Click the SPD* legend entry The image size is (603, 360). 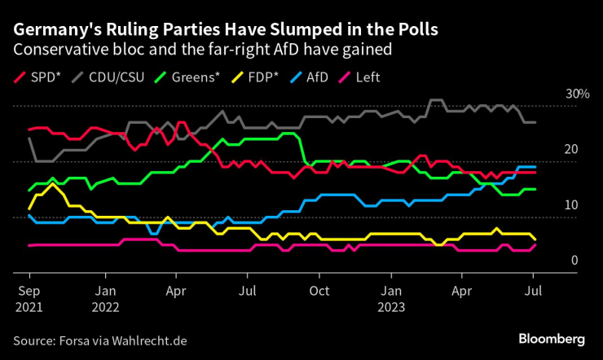point(37,78)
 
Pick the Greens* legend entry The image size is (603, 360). point(191,78)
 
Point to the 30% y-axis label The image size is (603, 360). point(577,94)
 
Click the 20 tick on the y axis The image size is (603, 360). point(570,150)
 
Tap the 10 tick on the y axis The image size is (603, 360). point(570,205)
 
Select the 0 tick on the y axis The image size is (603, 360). point(574,261)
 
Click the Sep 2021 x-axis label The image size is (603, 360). point(29,298)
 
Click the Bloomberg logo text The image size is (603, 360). point(552,338)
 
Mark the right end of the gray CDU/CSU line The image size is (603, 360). point(535,122)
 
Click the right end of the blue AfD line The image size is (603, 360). point(535,167)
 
